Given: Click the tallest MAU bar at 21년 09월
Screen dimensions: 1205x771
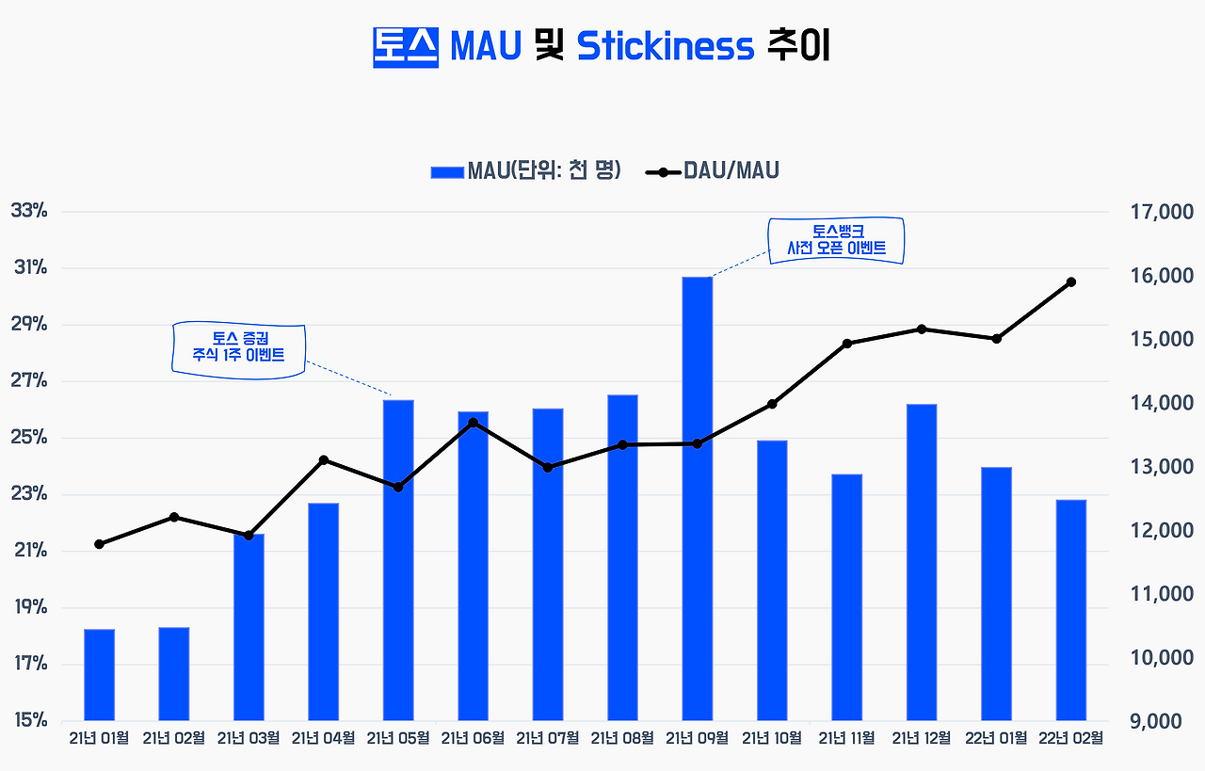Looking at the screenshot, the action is (698, 499).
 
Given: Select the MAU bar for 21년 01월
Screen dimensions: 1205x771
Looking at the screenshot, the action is (99, 675).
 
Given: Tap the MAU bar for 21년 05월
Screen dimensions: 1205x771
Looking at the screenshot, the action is (398, 560).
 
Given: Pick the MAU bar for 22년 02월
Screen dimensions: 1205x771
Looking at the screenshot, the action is (1071, 610).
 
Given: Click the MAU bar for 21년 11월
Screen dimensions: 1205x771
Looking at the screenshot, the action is (846, 597).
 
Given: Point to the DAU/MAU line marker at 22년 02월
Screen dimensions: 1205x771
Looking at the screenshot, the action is (1071, 281).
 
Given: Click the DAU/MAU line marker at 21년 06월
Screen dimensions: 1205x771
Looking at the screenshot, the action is (473, 423).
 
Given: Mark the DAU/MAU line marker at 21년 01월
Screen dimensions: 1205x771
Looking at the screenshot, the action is (99, 544).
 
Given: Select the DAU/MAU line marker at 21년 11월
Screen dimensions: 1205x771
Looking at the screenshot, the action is (846, 344).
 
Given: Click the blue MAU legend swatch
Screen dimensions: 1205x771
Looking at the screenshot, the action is (447, 172).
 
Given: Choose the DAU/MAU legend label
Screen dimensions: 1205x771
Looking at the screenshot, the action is (731, 170).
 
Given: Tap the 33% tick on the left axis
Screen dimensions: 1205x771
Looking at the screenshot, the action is (29, 210).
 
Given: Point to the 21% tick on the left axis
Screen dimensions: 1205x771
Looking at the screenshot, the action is (30, 551).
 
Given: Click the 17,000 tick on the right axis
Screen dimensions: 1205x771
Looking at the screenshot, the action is (1162, 212).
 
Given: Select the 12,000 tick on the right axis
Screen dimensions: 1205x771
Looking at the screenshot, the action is (1162, 531).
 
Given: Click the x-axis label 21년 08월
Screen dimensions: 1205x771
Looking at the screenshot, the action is (622, 738).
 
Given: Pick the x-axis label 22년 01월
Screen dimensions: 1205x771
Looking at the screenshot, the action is (996, 738).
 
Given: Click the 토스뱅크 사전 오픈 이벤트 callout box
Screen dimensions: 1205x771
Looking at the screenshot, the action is (836, 240).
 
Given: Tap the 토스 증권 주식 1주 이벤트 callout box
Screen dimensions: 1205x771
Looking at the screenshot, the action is (239, 350).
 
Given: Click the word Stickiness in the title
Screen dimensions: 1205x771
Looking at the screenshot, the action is (666, 46).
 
